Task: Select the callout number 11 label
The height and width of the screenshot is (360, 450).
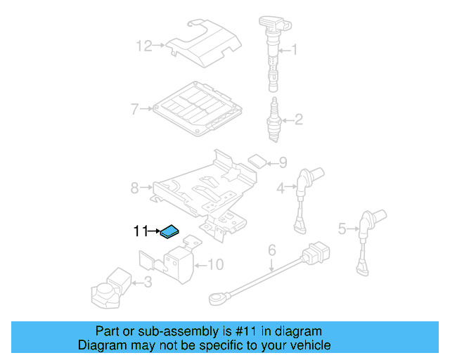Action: (141, 231)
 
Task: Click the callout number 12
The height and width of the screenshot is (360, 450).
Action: (144, 46)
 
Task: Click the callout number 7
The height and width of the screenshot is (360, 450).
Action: (134, 109)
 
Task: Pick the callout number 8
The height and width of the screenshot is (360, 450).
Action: (134, 188)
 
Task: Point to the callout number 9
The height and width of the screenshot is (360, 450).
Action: (283, 162)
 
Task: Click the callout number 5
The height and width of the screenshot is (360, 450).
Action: (342, 228)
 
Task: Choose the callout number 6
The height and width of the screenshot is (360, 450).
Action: (271, 250)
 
